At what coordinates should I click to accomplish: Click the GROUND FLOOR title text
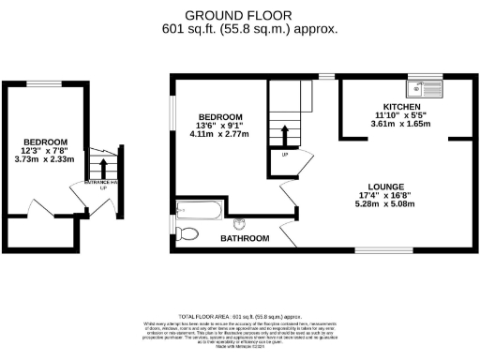pyautogui.click(x=238, y=15)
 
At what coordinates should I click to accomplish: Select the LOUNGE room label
pyautogui.click(x=386, y=186)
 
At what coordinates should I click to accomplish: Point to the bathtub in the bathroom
pyautogui.click(x=199, y=209)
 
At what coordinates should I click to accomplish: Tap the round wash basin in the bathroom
pyautogui.click(x=239, y=223)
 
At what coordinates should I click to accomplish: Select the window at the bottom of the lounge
pyautogui.click(x=378, y=250)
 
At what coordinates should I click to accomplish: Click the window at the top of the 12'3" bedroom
pyautogui.click(x=41, y=84)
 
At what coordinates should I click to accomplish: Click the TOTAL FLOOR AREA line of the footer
pyautogui.click(x=239, y=317)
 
